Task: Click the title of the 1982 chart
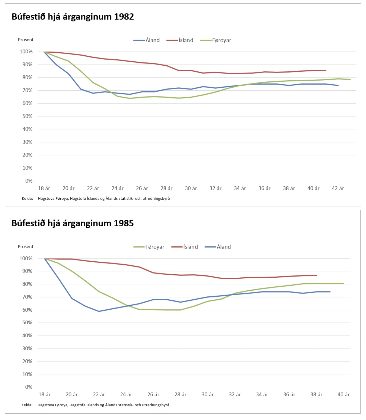click(73, 17)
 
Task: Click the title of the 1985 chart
click(73, 223)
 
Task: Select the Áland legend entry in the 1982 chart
click(152, 40)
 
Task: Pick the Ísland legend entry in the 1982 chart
click(186, 40)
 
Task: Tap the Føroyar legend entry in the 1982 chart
click(221, 40)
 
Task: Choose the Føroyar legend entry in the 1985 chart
click(155, 247)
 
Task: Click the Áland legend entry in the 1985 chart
click(223, 247)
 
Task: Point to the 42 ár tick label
click(338, 188)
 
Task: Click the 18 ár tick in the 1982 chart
click(44, 188)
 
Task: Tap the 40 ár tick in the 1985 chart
click(344, 395)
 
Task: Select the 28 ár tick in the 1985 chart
click(180, 395)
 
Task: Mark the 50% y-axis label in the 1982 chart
click(27, 116)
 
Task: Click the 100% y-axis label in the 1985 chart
click(26, 258)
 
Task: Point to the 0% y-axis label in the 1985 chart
click(28, 387)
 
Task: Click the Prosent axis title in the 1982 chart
click(26, 40)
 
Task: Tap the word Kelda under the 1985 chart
click(27, 405)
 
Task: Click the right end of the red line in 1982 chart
click(326, 71)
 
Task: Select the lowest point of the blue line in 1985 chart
click(99, 311)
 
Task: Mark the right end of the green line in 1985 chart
click(343, 284)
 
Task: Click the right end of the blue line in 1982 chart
click(338, 85)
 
